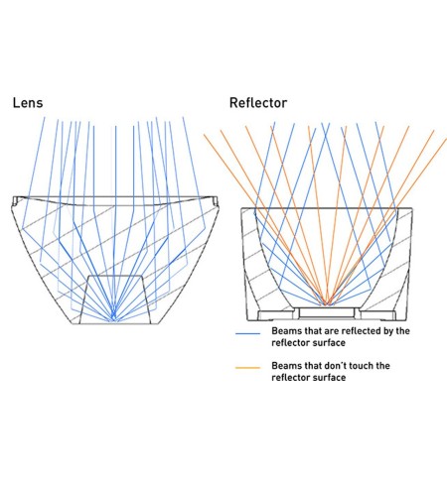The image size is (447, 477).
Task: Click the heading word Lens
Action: click(x=28, y=103)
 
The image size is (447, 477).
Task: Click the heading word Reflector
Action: click(x=258, y=103)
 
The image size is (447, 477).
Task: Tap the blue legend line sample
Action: click(x=247, y=333)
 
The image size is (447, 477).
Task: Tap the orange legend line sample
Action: click(x=247, y=368)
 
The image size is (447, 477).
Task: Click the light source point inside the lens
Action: click(x=113, y=319)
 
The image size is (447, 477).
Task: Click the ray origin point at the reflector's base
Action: click(x=326, y=303)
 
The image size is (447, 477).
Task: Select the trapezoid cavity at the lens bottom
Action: click(x=114, y=299)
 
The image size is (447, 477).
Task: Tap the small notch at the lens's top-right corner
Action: click(x=215, y=199)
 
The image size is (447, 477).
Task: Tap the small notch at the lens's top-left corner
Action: click(x=16, y=199)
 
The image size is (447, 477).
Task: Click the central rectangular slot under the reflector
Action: click(x=327, y=312)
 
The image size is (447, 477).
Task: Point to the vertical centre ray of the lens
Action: click(x=115, y=222)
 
